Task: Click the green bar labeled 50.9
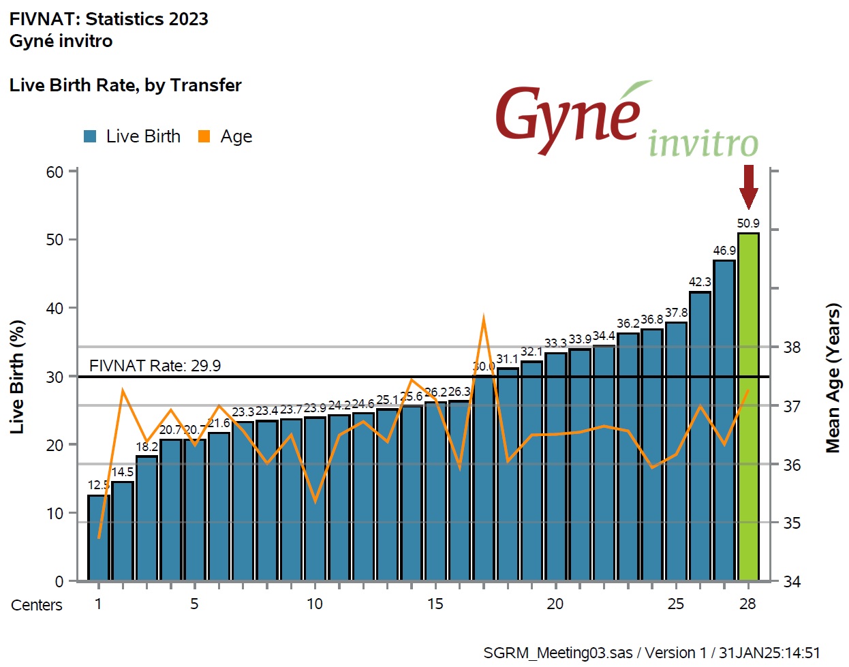(748, 407)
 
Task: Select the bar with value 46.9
(724, 420)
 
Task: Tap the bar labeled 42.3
(700, 436)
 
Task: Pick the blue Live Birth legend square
(90, 136)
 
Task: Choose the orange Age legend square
(204, 136)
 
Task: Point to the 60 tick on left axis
(55, 172)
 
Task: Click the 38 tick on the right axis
(792, 347)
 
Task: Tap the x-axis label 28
(747, 604)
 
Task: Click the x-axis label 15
(435, 604)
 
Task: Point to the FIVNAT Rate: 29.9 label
(155, 366)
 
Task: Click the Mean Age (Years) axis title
(833, 378)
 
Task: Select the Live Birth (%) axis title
(17, 377)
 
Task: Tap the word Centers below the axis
(37, 605)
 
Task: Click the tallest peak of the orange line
(483, 317)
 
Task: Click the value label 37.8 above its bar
(677, 313)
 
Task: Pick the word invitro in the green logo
(703, 143)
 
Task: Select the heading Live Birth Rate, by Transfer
(125, 85)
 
